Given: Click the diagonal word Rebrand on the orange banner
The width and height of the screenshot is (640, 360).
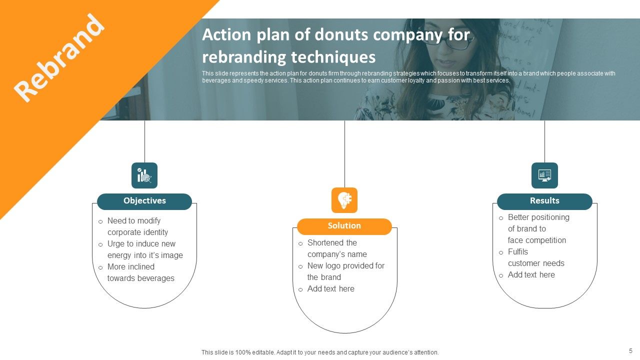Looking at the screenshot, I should (59, 57).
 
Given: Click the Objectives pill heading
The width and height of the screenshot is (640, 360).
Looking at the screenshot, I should (144, 201).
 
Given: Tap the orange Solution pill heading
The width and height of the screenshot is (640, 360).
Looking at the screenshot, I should (344, 226).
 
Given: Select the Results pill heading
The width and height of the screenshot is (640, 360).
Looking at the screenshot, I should (544, 201).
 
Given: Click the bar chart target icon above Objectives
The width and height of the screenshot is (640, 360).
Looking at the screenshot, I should (144, 175).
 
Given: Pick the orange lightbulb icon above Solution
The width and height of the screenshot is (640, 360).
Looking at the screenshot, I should (344, 200).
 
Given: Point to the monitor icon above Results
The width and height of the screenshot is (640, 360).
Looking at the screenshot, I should (544, 175).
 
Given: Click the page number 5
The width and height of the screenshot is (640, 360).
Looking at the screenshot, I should (630, 351).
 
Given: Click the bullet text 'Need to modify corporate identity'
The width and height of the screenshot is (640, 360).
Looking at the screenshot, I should (137, 226).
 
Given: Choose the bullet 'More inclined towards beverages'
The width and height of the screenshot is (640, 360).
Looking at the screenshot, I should (140, 272).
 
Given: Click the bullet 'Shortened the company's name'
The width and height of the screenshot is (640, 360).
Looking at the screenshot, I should (336, 248).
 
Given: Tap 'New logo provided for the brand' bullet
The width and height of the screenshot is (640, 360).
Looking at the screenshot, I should (345, 271).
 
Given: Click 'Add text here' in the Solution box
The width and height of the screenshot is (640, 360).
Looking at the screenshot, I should (330, 289).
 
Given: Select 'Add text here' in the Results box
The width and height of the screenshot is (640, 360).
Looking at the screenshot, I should (531, 275).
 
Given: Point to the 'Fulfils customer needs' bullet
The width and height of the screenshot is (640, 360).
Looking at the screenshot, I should (535, 257).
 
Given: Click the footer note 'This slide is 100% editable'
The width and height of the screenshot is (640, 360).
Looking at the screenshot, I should (320, 352).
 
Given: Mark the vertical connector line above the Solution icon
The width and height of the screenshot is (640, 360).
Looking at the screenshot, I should (344, 152).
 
